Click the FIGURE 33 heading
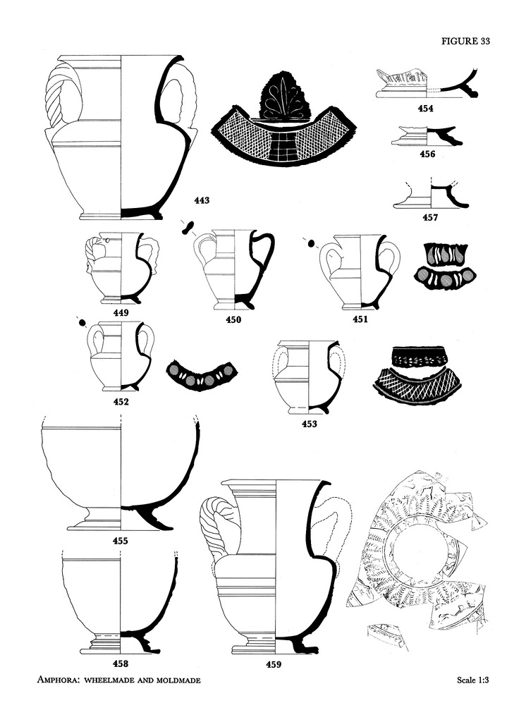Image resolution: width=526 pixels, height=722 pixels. tap(465, 42)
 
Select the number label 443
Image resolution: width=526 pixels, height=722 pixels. tap(202, 201)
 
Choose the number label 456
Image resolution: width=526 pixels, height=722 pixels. tap(427, 153)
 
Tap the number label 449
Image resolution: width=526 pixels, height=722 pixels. tap(121, 311)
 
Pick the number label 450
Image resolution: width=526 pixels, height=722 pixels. tap(233, 319)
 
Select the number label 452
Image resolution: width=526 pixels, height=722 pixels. tap(121, 403)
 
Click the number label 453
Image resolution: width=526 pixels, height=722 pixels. tap(309, 424)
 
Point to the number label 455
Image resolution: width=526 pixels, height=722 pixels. tap(121, 541)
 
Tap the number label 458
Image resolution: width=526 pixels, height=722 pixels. tap(121, 663)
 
